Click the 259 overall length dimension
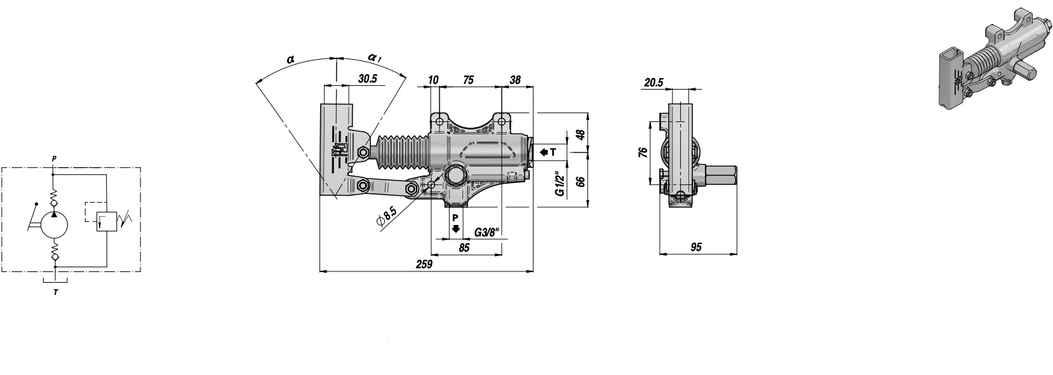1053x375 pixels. (424, 264)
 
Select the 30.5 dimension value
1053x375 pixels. (368, 79)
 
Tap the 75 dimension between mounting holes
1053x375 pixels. (468, 79)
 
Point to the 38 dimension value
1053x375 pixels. (515, 79)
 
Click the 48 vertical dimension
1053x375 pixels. (581, 135)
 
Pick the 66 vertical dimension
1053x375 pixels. (581, 182)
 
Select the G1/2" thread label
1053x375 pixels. (560, 184)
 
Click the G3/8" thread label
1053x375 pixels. (486, 232)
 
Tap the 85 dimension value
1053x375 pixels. (464, 247)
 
